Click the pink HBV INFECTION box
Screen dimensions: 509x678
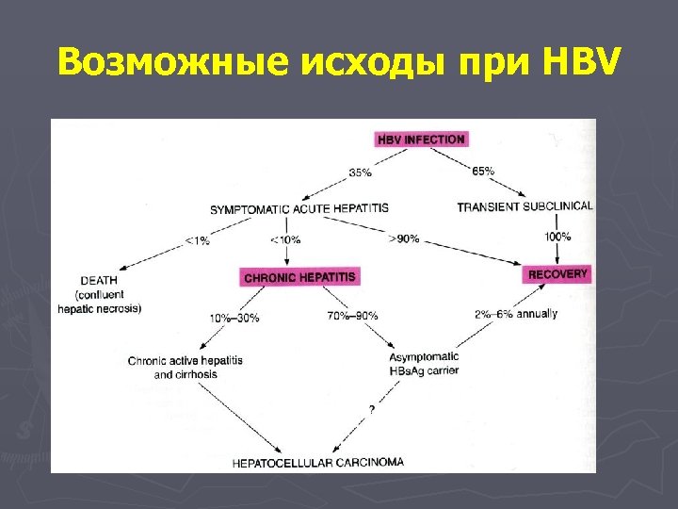coord(421,140)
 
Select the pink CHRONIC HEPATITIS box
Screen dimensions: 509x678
coord(299,277)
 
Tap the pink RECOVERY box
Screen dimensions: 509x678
coord(557,274)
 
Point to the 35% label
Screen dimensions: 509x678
coord(360,172)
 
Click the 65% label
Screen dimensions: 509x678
coord(483,171)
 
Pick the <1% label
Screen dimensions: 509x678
coord(197,240)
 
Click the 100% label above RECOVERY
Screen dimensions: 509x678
coord(558,236)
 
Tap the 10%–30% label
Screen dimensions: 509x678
coord(234,316)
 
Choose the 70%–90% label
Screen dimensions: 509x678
coord(352,315)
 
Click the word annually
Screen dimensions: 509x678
coord(537,313)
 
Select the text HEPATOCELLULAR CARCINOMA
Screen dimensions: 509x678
coord(318,463)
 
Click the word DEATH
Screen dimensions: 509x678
coord(100,280)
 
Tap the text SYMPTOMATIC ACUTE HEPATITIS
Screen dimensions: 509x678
coord(299,208)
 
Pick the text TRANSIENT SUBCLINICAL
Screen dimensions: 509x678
coord(525,206)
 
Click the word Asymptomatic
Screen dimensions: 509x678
coord(424,357)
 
